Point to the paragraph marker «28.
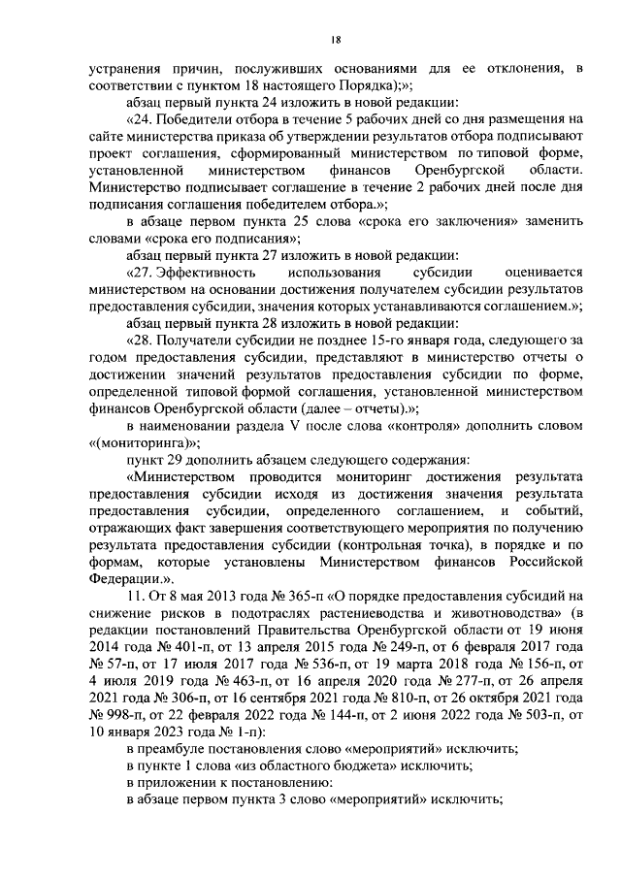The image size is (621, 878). click(142, 340)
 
